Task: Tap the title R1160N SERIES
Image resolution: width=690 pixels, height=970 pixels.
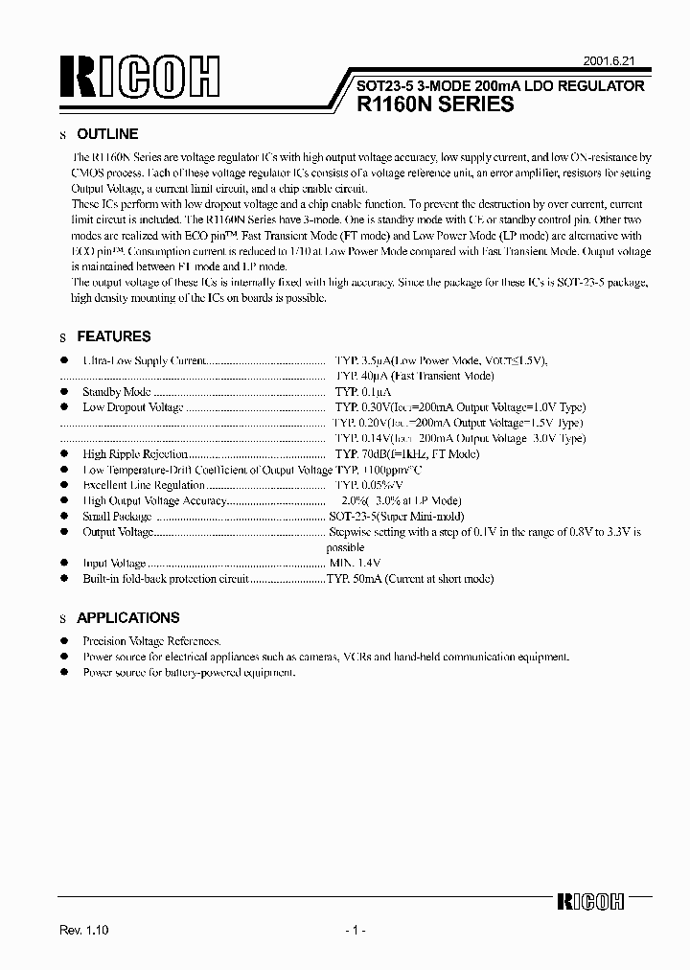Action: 435,105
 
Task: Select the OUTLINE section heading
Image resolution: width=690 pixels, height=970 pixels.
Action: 107,134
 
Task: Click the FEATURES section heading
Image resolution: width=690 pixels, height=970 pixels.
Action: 113,336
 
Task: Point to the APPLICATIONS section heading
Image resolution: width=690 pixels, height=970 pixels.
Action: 127,618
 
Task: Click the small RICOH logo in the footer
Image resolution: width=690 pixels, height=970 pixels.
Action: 590,901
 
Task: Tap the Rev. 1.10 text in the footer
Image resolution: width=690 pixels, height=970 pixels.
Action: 85,931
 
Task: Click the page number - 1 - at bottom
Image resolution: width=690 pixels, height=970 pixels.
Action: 354,931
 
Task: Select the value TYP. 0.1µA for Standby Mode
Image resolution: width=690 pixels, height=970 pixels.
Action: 363,392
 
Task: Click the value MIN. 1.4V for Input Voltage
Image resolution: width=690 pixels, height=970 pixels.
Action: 355,564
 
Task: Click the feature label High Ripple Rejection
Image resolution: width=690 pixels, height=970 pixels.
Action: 134,454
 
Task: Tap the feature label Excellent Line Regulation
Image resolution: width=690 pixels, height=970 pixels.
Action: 130,485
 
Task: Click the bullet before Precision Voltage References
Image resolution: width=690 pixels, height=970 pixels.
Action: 64,640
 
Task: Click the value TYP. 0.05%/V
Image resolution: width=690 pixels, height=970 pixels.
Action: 368,485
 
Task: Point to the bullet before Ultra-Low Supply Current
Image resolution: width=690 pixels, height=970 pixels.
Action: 64,360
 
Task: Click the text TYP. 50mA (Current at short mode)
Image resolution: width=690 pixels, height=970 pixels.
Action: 410,579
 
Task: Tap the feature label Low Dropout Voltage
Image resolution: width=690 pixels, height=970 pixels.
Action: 133,407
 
